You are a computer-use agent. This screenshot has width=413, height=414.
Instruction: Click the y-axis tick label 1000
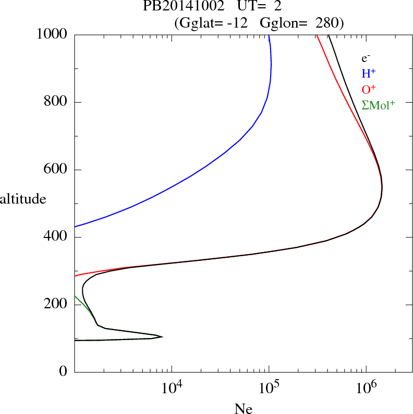[52, 35]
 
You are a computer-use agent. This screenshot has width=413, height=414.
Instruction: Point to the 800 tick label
[55, 102]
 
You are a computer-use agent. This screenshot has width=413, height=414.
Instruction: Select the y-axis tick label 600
[55, 170]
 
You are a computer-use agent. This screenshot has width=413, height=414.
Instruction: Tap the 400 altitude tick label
[55, 237]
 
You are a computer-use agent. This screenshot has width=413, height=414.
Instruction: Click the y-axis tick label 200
[55, 305]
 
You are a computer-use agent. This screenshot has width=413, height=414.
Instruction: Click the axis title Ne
[243, 409]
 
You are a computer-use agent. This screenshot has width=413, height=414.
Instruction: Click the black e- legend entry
[366, 58]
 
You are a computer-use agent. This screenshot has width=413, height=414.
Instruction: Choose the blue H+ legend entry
[369, 74]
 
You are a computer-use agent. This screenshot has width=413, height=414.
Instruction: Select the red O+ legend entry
[369, 90]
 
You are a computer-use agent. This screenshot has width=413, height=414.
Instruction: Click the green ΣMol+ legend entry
[378, 105]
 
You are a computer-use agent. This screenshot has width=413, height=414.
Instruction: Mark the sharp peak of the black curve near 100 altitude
[163, 337]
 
